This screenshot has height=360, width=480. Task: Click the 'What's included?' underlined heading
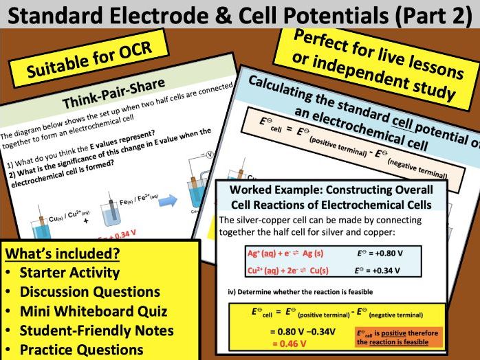[63, 254]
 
